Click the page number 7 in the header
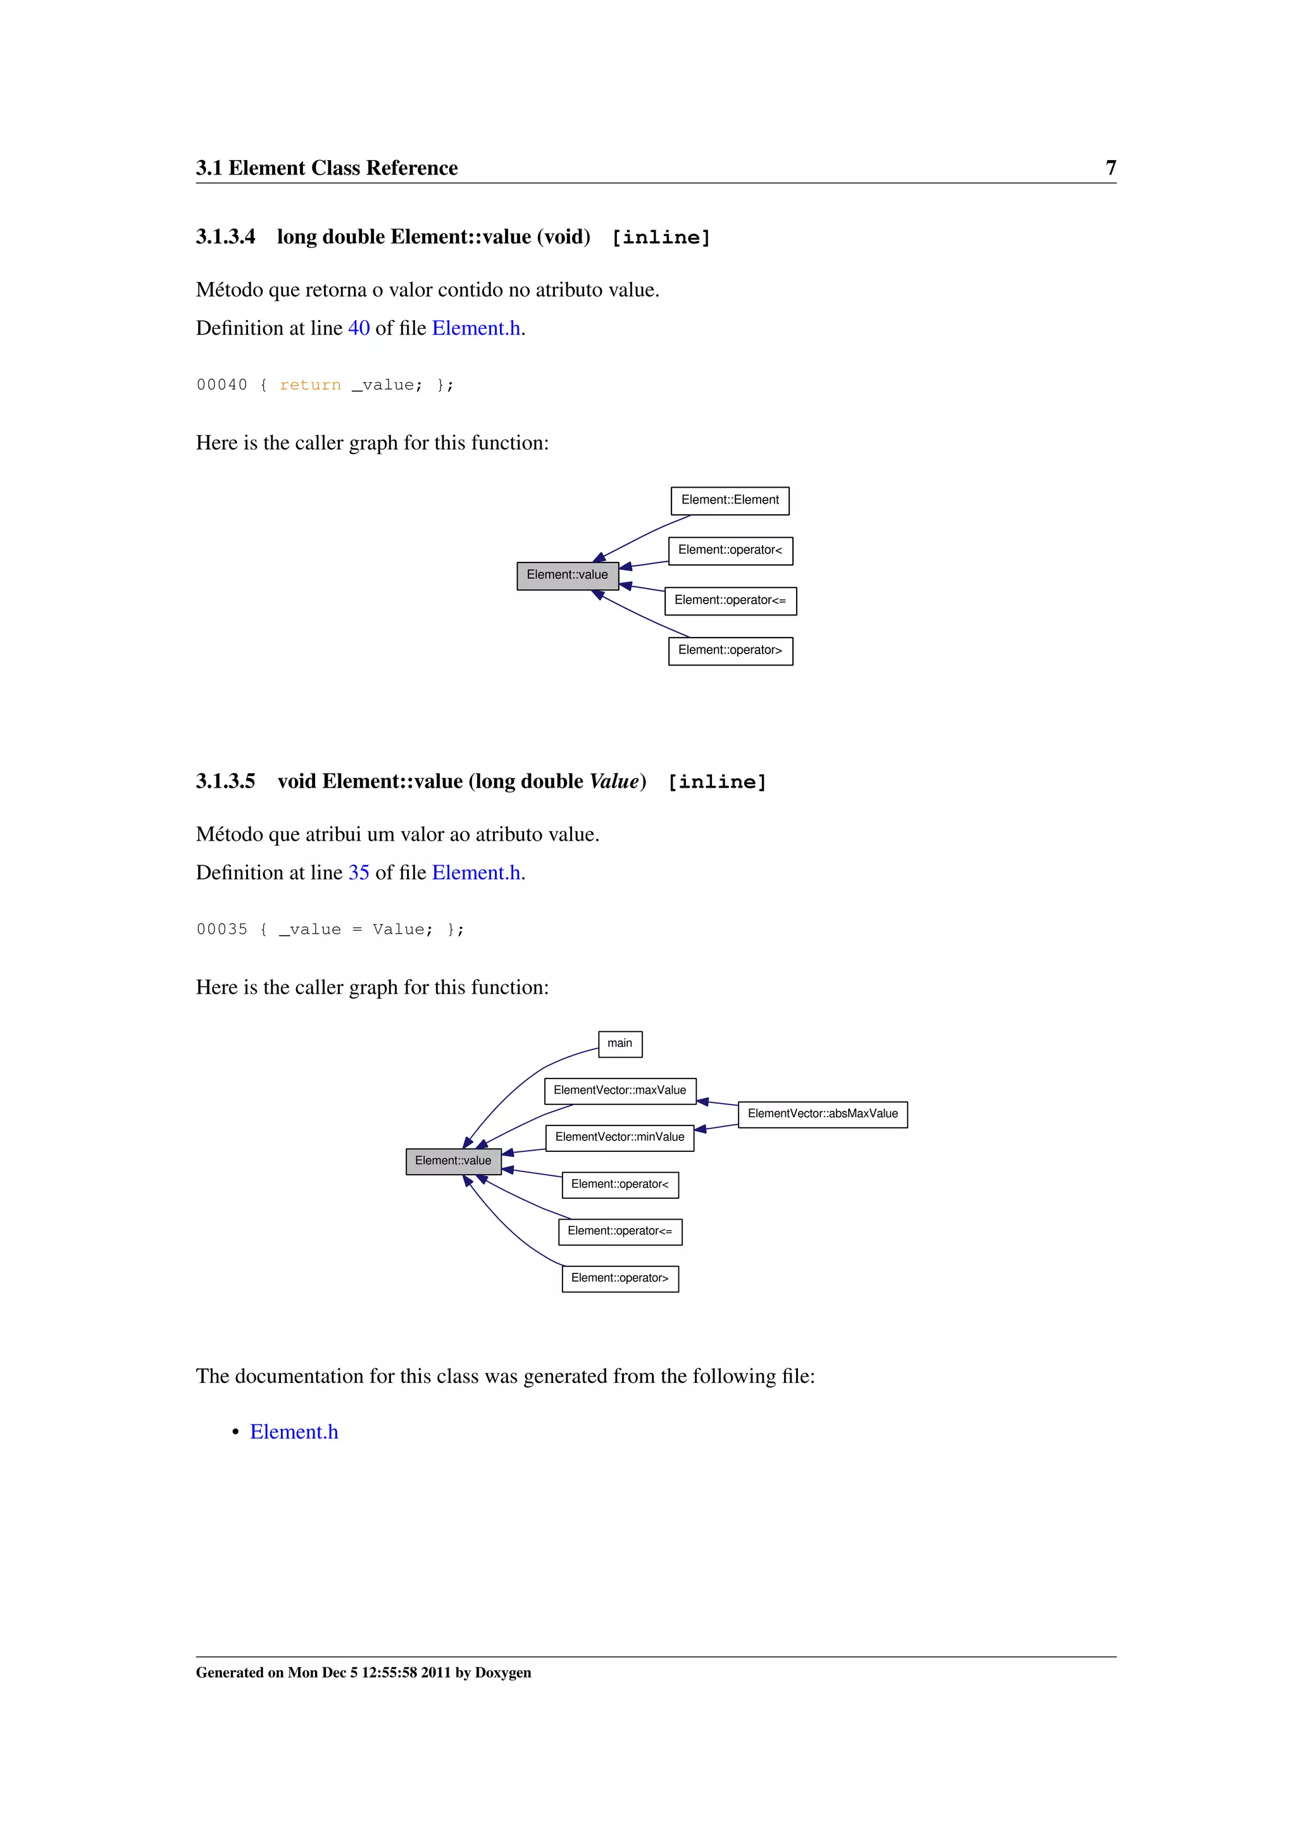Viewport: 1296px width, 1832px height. [x=1110, y=168]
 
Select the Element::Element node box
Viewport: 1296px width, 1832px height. [x=730, y=500]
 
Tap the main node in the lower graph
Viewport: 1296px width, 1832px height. [x=620, y=1044]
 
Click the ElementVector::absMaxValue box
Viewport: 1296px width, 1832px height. [x=822, y=1114]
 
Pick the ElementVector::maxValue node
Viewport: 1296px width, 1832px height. [x=620, y=1091]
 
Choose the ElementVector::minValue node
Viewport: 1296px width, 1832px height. [x=620, y=1137]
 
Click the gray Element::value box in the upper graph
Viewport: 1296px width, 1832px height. [x=568, y=575]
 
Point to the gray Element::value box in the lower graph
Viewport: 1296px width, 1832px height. [x=453, y=1161]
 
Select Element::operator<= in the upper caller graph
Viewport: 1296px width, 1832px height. [x=730, y=601]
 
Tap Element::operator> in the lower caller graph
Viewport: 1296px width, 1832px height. [x=620, y=1278]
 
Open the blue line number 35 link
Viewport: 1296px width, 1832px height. [x=358, y=873]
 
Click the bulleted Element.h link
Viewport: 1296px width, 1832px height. [x=294, y=1432]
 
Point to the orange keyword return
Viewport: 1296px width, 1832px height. [x=309, y=385]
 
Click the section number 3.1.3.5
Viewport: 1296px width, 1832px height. [x=226, y=781]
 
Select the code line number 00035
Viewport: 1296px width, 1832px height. [x=222, y=929]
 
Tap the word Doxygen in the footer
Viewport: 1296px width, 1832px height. [x=502, y=1673]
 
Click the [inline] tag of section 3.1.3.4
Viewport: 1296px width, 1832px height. [x=660, y=238]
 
